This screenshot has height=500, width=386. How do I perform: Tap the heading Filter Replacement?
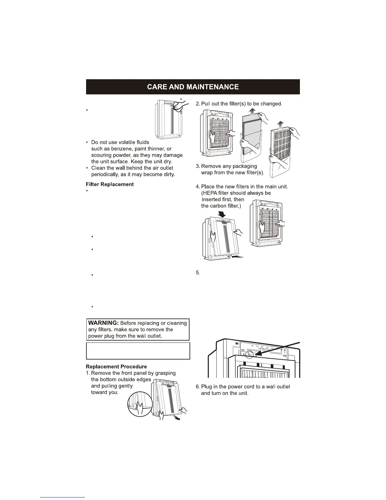110,184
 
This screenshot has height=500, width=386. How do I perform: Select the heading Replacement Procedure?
116,366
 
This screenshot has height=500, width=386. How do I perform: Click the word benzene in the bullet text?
121,149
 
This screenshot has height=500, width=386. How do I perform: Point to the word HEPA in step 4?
211,193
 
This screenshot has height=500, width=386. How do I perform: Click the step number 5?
198,273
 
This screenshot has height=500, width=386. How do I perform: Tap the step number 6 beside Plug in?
198,387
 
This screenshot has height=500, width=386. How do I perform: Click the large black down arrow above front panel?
222,214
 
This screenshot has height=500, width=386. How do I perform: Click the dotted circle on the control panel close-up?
249,355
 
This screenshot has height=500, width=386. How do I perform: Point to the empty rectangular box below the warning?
138,351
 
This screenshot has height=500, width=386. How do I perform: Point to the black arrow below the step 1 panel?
179,419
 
